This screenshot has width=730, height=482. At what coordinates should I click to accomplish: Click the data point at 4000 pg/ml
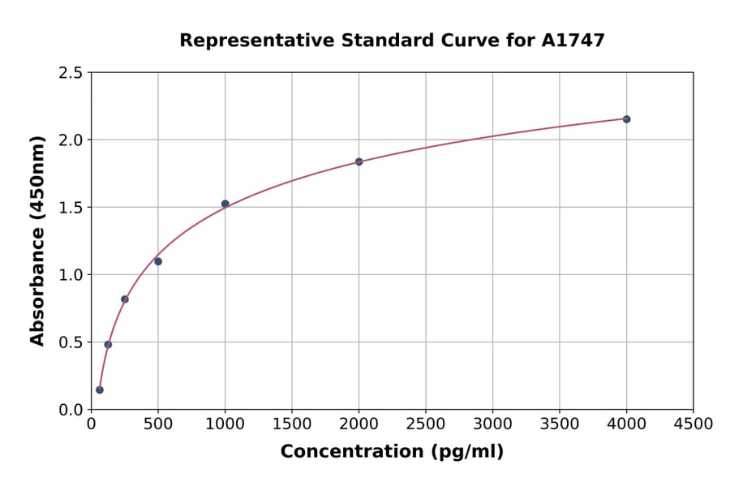(626, 119)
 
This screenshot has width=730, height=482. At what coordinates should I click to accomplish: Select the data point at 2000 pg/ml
(359, 161)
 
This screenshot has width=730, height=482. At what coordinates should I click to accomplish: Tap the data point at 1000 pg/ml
(225, 204)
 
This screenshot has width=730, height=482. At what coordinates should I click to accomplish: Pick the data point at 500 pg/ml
(158, 261)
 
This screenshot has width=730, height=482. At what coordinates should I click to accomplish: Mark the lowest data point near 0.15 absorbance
(100, 389)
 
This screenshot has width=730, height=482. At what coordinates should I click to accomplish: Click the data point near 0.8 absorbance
(125, 299)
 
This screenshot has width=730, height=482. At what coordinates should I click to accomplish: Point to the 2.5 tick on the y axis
(71, 73)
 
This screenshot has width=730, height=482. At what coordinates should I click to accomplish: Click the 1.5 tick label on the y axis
(71, 208)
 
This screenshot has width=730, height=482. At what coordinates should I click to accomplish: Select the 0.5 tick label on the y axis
(71, 342)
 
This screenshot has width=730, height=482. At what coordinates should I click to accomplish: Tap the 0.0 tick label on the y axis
(71, 410)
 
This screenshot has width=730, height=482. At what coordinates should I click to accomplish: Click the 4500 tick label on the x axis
(693, 424)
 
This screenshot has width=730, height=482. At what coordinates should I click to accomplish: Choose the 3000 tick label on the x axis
(492, 424)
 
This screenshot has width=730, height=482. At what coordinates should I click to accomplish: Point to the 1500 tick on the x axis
(292, 424)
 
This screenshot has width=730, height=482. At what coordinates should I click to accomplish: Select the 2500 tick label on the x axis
(426, 424)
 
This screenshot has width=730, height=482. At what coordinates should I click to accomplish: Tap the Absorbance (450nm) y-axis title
(37, 241)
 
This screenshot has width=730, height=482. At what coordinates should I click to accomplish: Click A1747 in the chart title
(573, 41)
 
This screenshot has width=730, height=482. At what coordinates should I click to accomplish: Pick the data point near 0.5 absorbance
(108, 344)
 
